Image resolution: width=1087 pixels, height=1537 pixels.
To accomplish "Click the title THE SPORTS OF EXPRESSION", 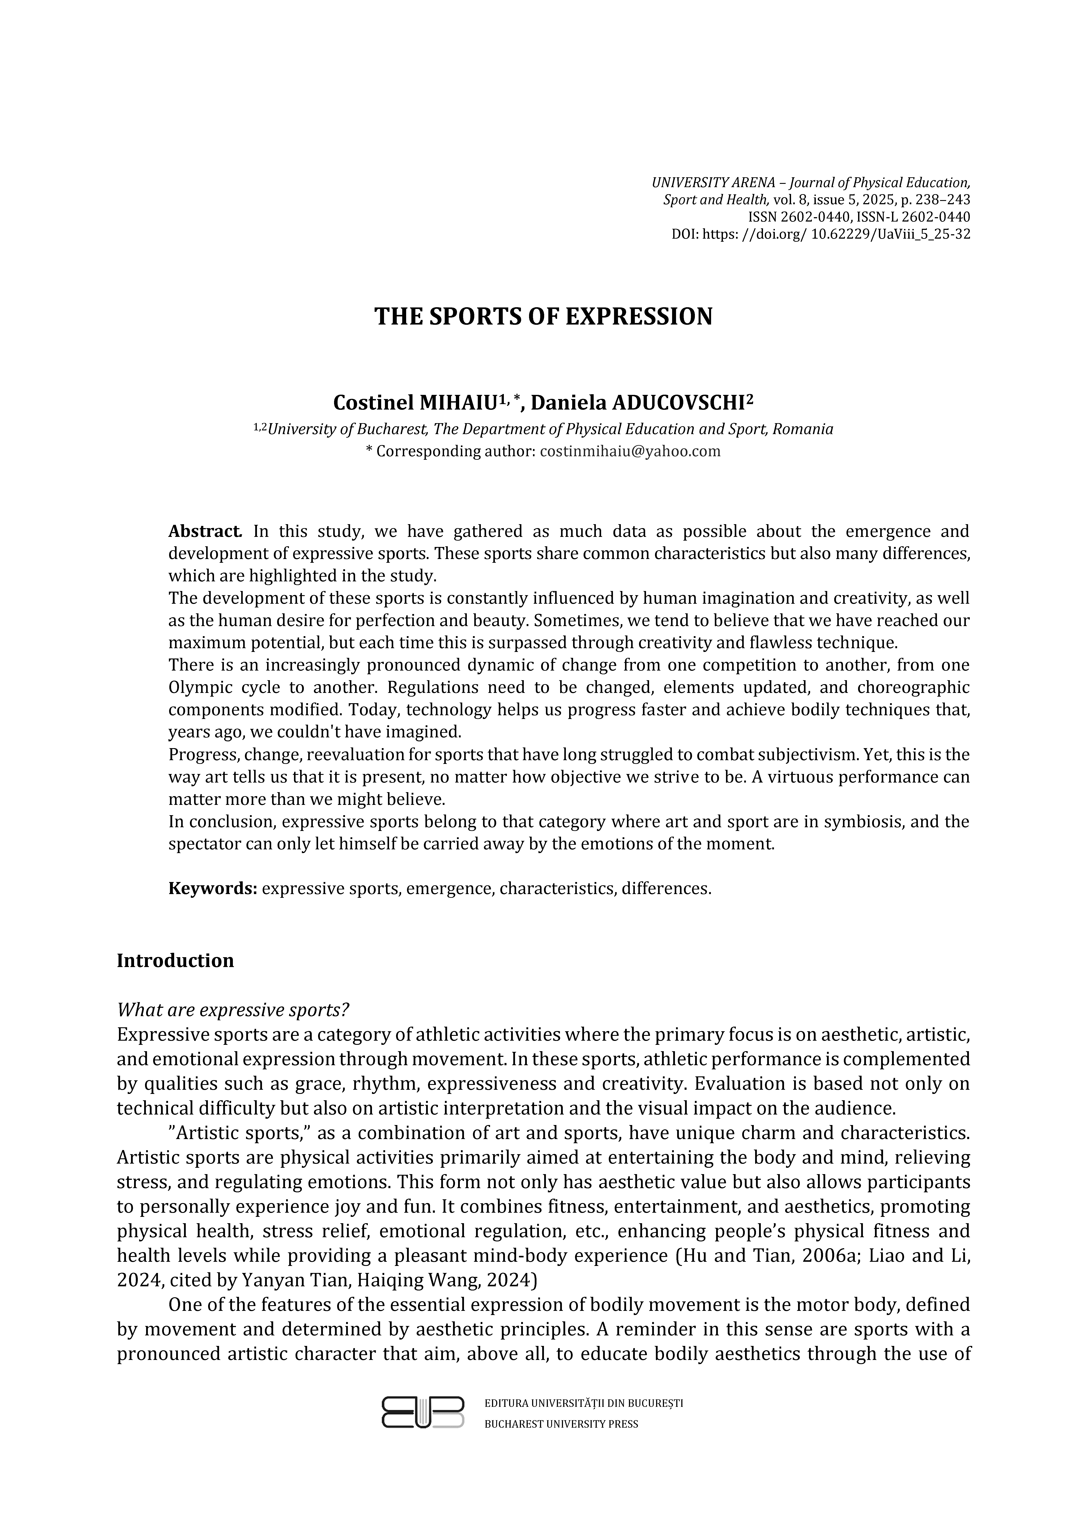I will tap(543, 317).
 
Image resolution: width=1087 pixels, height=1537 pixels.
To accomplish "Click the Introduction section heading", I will tap(175, 961).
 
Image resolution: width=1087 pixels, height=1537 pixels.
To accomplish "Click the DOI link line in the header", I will tap(821, 234).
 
